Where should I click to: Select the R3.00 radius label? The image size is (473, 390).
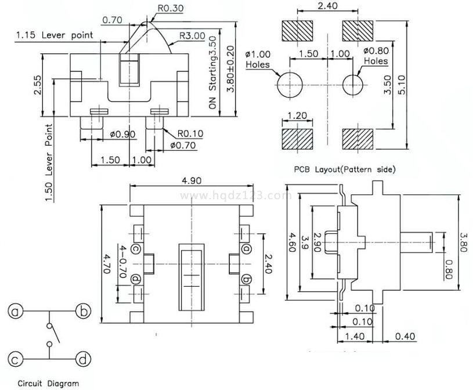click(192, 35)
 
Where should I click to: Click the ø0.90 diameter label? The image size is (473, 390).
click(122, 135)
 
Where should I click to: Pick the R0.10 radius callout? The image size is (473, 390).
click(190, 133)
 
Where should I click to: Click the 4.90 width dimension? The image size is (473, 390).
click(192, 180)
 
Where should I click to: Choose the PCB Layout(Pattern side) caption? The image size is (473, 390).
click(345, 169)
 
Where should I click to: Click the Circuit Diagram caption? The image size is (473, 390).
click(48, 383)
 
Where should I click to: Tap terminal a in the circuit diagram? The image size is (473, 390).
click(15, 312)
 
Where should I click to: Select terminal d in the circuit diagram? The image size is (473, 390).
click(83, 360)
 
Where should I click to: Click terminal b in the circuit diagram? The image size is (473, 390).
click(83, 312)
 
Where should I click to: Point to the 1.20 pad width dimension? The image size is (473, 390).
click(297, 115)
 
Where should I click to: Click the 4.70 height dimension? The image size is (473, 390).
click(106, 262)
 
